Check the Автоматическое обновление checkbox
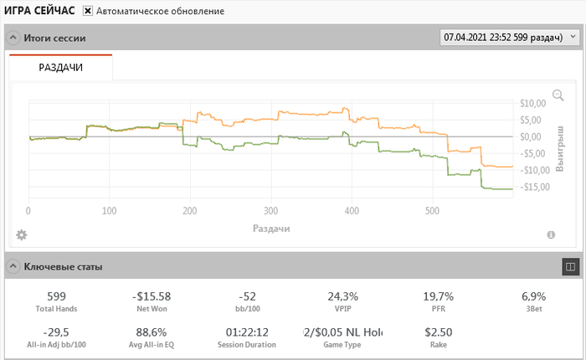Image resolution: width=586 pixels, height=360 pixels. (x=88, y=11)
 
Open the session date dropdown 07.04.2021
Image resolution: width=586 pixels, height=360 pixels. (x=509, y=38)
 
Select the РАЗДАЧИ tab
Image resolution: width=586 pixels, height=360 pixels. (x=61, y=67)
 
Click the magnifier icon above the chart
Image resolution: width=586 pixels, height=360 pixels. (x=558, y=95)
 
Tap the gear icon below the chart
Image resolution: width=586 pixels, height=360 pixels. (x=22, y=234)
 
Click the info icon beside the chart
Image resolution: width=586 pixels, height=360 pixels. (x=551, y=235)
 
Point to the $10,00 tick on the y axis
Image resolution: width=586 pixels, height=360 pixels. (x=532, y=104)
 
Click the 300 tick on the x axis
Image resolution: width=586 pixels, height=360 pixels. (x=270, y=211)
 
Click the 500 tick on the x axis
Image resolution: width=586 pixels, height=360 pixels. (x=432, y=211)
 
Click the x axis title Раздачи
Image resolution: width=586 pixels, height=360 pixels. (x=271, y=228)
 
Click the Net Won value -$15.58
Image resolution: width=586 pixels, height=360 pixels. (x=152, y=296)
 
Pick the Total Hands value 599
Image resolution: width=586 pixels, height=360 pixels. (x=57, y=296)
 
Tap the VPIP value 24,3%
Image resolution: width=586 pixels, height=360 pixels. (x=343, y=296)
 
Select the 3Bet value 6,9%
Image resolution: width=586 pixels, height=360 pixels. (x=533, y=296)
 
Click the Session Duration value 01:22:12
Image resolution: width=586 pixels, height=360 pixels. (x=247, y=332)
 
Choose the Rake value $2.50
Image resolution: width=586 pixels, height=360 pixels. (x=439, y=332)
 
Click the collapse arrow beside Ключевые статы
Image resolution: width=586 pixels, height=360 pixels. (x=13, y=267)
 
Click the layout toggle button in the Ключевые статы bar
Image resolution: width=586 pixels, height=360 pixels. (x=569, y=267)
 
